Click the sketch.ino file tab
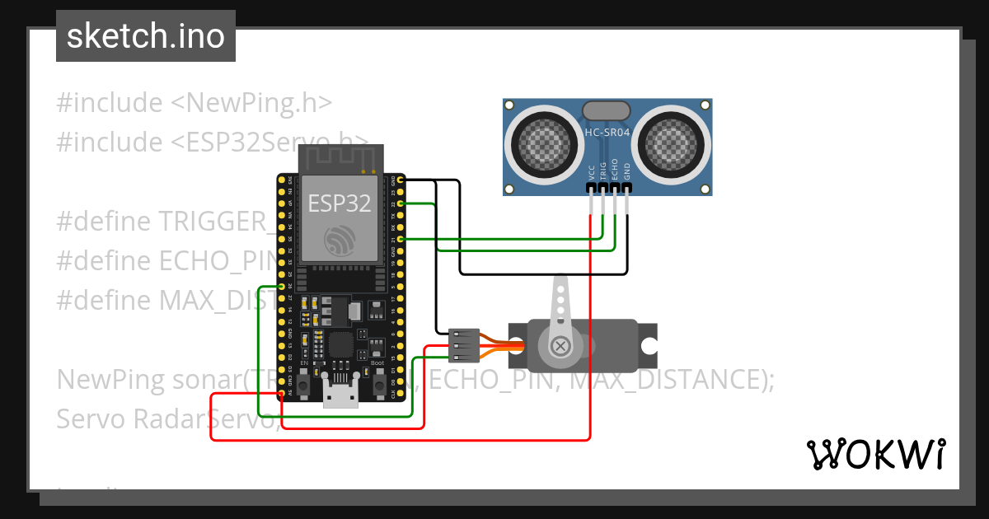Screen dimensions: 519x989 [146, 36]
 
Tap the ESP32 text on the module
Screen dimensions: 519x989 [340, 203]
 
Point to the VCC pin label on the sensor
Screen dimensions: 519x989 [592, 171]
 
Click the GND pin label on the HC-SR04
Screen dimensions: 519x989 [627, 171]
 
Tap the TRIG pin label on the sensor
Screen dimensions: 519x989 [603, 171]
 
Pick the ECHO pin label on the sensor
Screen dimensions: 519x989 [615, 171]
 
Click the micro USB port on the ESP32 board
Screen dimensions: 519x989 [340, 397]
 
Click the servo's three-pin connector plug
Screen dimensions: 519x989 [465, 346]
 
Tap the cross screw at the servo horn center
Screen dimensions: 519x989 [560, 345]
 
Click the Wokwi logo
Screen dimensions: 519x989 [875, 454]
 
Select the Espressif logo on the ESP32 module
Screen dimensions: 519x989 [340, 240]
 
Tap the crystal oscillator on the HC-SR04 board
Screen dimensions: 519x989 [606, 110]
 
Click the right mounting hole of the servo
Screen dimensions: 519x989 [649, 339]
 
